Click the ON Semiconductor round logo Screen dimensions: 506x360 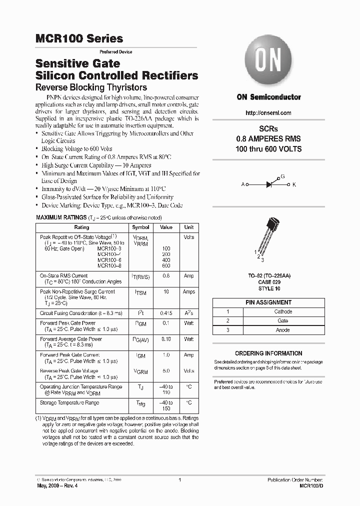[268, 62]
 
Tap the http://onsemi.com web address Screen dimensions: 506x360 [268, 114]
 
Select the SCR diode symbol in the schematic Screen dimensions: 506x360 [269, 184]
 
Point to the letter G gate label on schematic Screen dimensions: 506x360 [282, 177]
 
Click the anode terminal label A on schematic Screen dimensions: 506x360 [243, 185]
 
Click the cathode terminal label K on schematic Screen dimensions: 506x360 [294, 185]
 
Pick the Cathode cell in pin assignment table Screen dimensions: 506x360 [283, 311]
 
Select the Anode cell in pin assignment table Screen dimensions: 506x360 [283, 330]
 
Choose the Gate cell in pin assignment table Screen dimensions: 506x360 [283, 320]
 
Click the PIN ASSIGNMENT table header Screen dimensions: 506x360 [268, 302]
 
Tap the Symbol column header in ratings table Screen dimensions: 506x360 [140, 227]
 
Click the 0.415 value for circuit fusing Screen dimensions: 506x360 [166, 313]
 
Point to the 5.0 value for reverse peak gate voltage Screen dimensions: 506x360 [166, 371]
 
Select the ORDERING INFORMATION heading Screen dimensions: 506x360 [268, 353]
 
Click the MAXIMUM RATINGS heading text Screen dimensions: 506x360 [60, 218]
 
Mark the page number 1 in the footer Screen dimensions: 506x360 [179, 479]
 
